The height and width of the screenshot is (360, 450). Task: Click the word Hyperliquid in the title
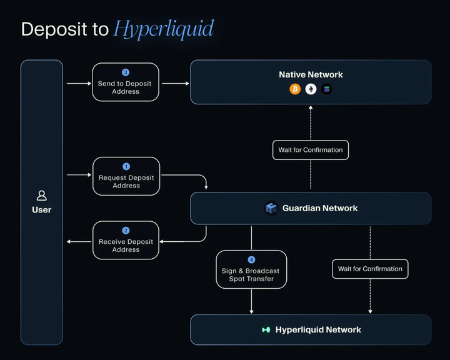[x=164, y=29]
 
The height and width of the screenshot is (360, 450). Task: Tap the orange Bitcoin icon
[x=295, y=89]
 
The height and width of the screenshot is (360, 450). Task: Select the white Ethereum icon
[x=311, y=89]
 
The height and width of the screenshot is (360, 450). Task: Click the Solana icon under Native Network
[x=326, y=89]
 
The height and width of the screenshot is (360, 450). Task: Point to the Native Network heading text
[x=311, y=74]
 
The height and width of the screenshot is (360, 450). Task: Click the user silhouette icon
[x=42, y=196]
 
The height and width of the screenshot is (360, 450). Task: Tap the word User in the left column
[x=42, y=210]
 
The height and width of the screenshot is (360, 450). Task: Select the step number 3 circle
[x=126, y=72]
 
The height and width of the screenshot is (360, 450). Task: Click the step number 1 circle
[x=126, y=167]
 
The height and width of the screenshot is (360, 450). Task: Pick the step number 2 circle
[x=126, y=231]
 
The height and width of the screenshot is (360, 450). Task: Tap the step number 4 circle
[x=251, y=260]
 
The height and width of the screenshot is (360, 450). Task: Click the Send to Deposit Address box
[x=126, y=82]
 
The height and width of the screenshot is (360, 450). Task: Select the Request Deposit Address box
[x=126, y=177]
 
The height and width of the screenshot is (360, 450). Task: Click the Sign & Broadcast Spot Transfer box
[x=251, y=270]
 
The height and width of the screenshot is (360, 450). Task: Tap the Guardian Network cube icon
[x=271, y=208]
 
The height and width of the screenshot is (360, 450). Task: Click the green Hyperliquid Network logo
[x=266, y=329]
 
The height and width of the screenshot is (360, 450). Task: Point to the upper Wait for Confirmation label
[x=311, y=150]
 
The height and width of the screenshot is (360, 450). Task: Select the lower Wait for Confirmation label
[x=370, y=269]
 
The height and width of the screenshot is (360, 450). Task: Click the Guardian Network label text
[x=320, y=208]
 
